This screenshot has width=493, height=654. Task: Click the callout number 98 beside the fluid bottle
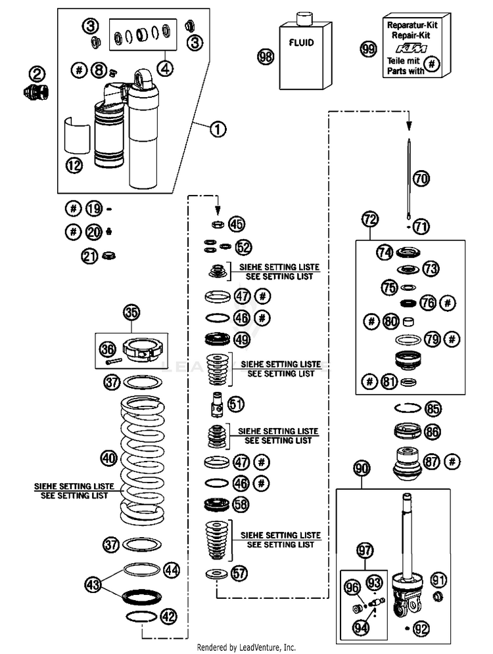(266, 56)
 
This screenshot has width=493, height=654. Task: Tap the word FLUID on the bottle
(302, 43)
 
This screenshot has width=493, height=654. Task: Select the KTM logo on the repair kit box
(411, 48)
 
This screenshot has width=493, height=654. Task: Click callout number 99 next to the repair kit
(368, 49)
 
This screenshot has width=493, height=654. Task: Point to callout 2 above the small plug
(37, 75)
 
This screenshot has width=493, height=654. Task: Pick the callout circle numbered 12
(74, 165)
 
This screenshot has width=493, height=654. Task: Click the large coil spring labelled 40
(143, 460)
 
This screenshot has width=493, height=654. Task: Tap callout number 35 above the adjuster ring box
(131, 312)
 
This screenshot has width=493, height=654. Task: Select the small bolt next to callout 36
(114, 362)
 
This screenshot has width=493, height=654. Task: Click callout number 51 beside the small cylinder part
(236, 404)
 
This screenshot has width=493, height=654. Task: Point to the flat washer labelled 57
(217, 575)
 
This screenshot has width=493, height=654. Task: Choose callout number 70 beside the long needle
(421, 179)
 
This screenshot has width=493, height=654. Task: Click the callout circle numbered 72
(370, 219)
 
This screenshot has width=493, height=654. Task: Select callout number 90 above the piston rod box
(362, 468)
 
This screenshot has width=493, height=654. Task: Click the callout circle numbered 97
(364, 550)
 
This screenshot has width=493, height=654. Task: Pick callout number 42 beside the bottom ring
(169, 617)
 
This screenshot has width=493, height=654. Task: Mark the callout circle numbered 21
(90, 255)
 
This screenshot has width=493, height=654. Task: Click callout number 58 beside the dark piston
(241, 505)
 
